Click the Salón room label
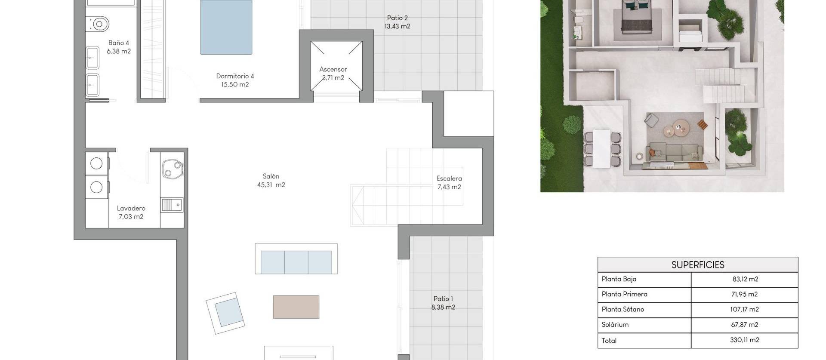271,176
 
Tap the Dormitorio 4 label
235,77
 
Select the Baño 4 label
119,43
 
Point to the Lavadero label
131,209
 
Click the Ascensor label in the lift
333,69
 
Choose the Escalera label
449,178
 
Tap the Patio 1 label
443,299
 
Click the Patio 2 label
397,18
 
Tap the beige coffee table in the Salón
296,307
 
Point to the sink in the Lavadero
172,205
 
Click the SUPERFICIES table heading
697,265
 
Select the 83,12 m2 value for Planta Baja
745,279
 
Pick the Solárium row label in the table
615,325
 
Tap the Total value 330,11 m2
744,340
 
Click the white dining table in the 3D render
602,148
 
